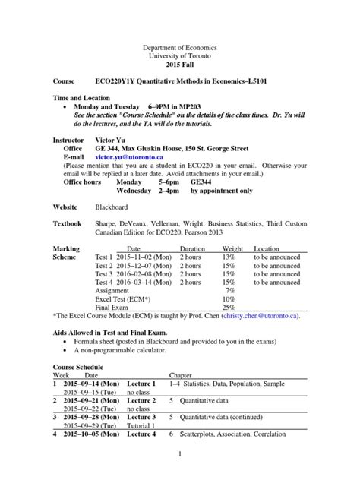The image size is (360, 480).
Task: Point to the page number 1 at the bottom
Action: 180,455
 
